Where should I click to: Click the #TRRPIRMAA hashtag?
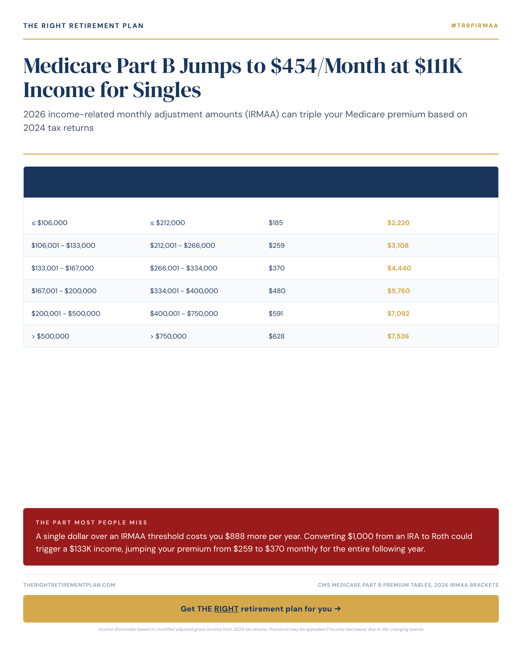474,26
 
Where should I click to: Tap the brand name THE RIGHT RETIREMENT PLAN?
83,26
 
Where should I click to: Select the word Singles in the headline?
167,90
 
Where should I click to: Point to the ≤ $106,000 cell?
49,223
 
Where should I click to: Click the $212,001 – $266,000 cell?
182,246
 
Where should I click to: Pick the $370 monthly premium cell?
276,268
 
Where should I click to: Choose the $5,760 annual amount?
398,291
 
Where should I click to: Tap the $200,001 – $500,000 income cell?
66,314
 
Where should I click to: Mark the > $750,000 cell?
168,336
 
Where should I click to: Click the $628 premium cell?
276,336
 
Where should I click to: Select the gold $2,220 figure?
398,223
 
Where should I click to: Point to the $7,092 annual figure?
398,314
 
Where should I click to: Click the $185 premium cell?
276,223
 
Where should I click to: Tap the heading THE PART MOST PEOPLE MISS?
91,523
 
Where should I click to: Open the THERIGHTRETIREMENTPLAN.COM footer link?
69,585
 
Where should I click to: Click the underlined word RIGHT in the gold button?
226,609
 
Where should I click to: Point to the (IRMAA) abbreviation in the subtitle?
262,114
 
